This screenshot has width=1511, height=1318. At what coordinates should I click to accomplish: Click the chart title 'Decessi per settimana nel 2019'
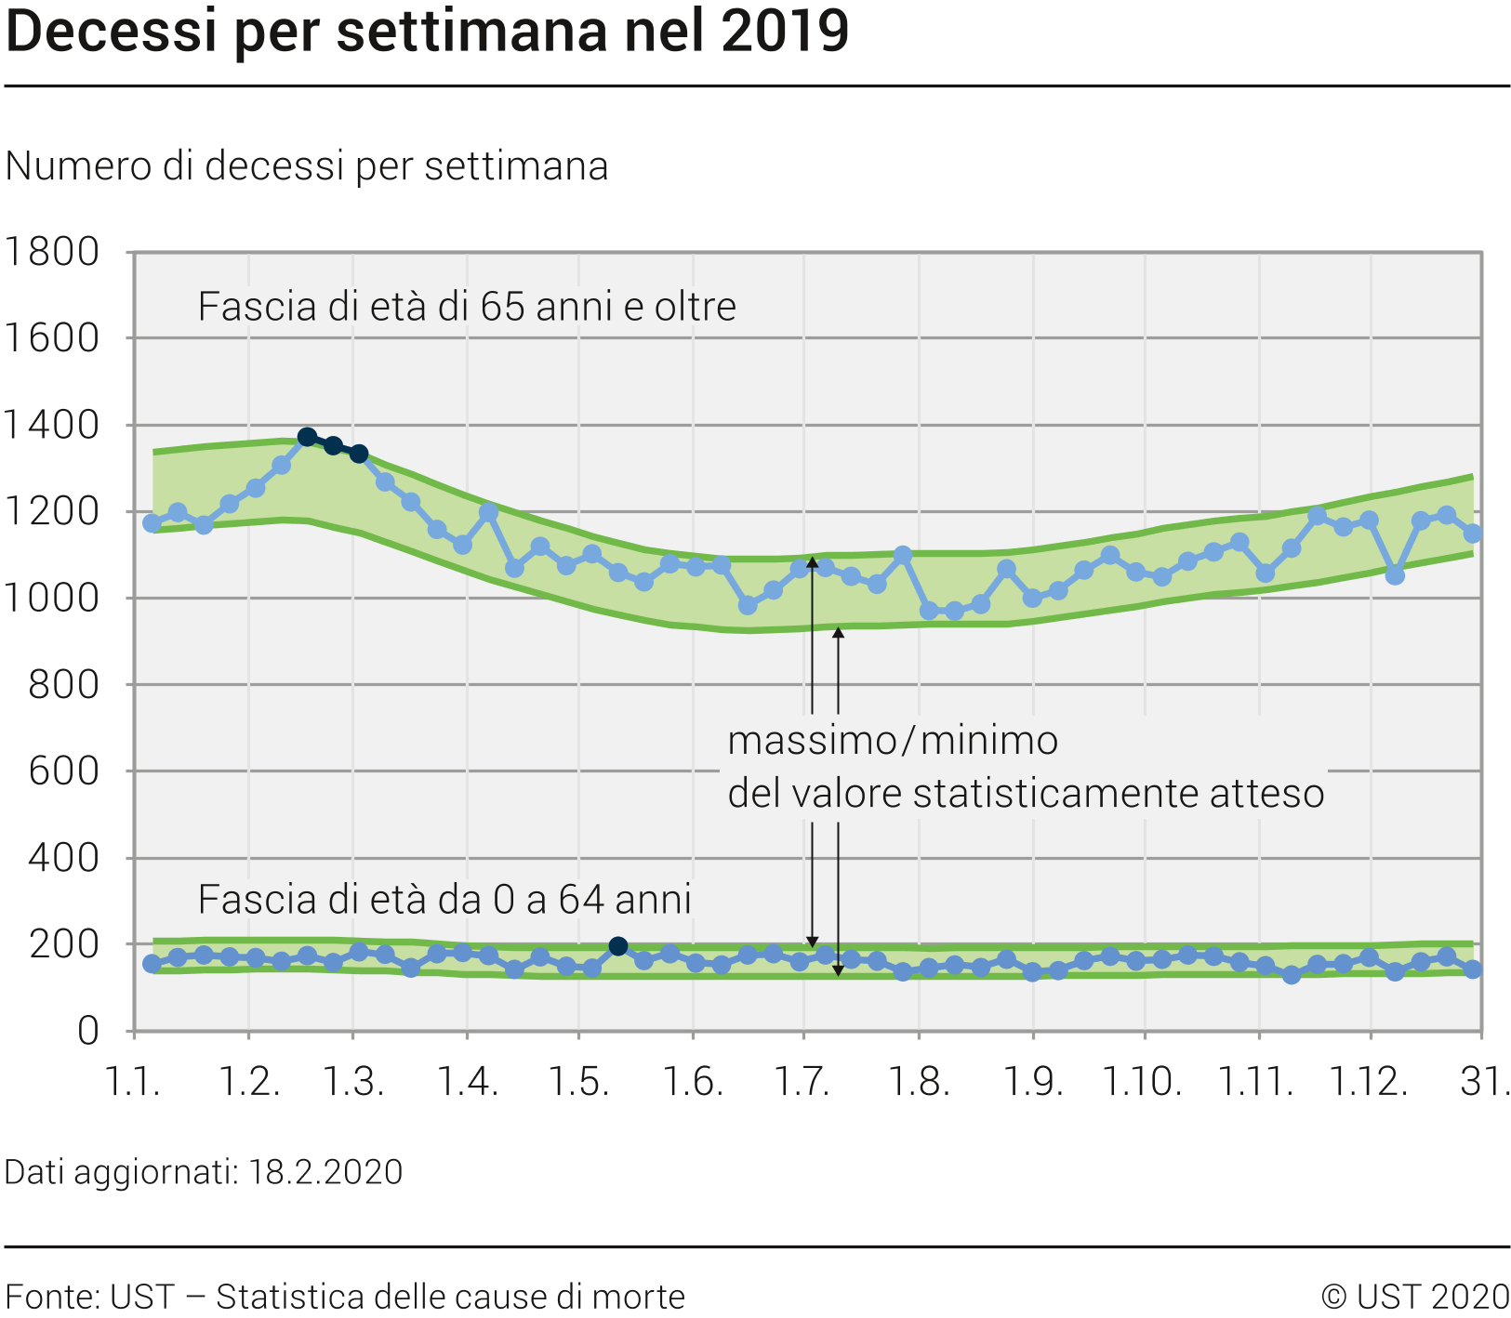click(427, 31)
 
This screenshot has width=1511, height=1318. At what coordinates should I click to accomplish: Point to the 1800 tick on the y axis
click(52, 252)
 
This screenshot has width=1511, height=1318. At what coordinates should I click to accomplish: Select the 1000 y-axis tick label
click(52, 599)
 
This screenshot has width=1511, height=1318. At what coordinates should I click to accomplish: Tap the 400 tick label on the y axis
click(63, 858)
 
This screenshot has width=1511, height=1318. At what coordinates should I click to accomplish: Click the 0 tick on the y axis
click(87, 1031)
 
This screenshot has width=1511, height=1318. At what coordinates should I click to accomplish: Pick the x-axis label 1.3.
click(353, 1082)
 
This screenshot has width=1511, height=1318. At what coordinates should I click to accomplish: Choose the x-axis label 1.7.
click(803, 1082)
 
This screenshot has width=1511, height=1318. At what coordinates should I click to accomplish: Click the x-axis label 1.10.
click(1143, 1082)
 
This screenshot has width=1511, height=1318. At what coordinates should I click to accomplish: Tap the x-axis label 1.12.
click(1369, 1082)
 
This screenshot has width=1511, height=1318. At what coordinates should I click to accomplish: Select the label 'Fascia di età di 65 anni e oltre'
click(467, 307)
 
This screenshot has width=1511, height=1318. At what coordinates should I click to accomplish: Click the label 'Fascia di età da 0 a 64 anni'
click(444, 900)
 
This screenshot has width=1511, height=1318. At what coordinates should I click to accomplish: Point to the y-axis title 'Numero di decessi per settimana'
click(307, 166)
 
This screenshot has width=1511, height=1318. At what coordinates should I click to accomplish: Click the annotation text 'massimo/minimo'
click(893, 741)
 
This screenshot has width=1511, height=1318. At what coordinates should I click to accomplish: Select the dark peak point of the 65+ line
click(308, 437)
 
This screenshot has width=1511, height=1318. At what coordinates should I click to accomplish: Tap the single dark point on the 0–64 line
click(618, 946)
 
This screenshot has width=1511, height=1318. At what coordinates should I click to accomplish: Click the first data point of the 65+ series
click(152, 523)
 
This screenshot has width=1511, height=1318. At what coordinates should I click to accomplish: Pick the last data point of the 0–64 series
click(1472, 969)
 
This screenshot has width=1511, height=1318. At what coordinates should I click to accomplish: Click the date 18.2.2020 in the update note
click(325, 1172)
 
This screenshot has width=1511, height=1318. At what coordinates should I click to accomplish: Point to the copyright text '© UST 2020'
click(1414, 1297)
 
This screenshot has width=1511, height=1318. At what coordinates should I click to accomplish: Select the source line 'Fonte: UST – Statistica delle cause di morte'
click(345, 1297)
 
